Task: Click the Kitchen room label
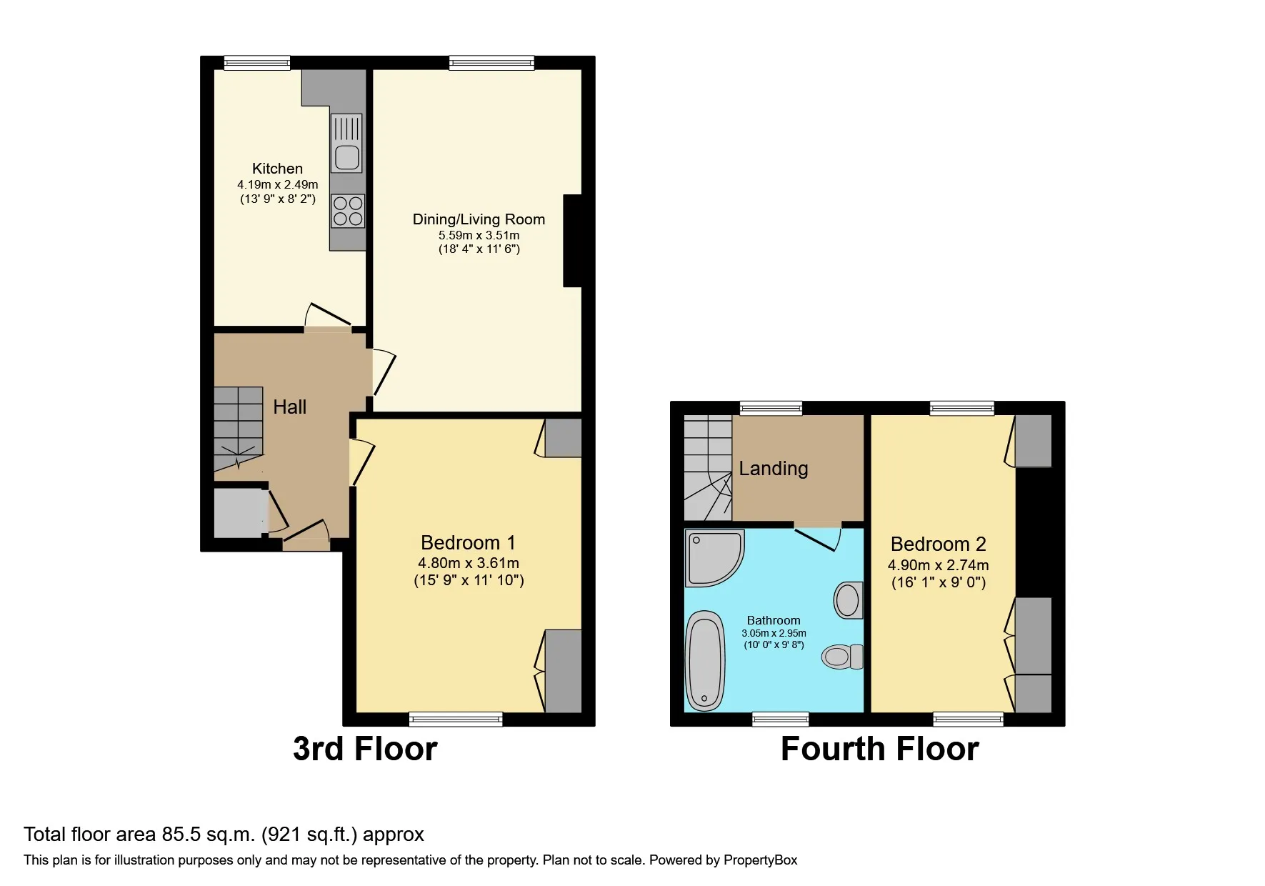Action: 277,169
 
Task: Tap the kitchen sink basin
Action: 347,157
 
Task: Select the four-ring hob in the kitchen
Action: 348,211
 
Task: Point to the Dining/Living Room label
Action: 479,219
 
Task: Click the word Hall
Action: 289,407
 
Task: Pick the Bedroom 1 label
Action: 468,543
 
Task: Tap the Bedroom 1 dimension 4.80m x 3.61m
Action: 469,563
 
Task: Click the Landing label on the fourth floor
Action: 774,469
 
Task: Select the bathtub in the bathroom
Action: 705,661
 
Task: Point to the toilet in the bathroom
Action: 843,656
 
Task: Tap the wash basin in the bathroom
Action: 848,600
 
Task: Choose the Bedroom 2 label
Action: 938,544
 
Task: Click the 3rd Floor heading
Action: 365,749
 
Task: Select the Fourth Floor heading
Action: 879,749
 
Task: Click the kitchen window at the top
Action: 257,63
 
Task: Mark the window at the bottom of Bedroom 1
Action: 456,720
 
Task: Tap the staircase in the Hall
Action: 239,429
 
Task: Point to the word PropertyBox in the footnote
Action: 760,860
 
